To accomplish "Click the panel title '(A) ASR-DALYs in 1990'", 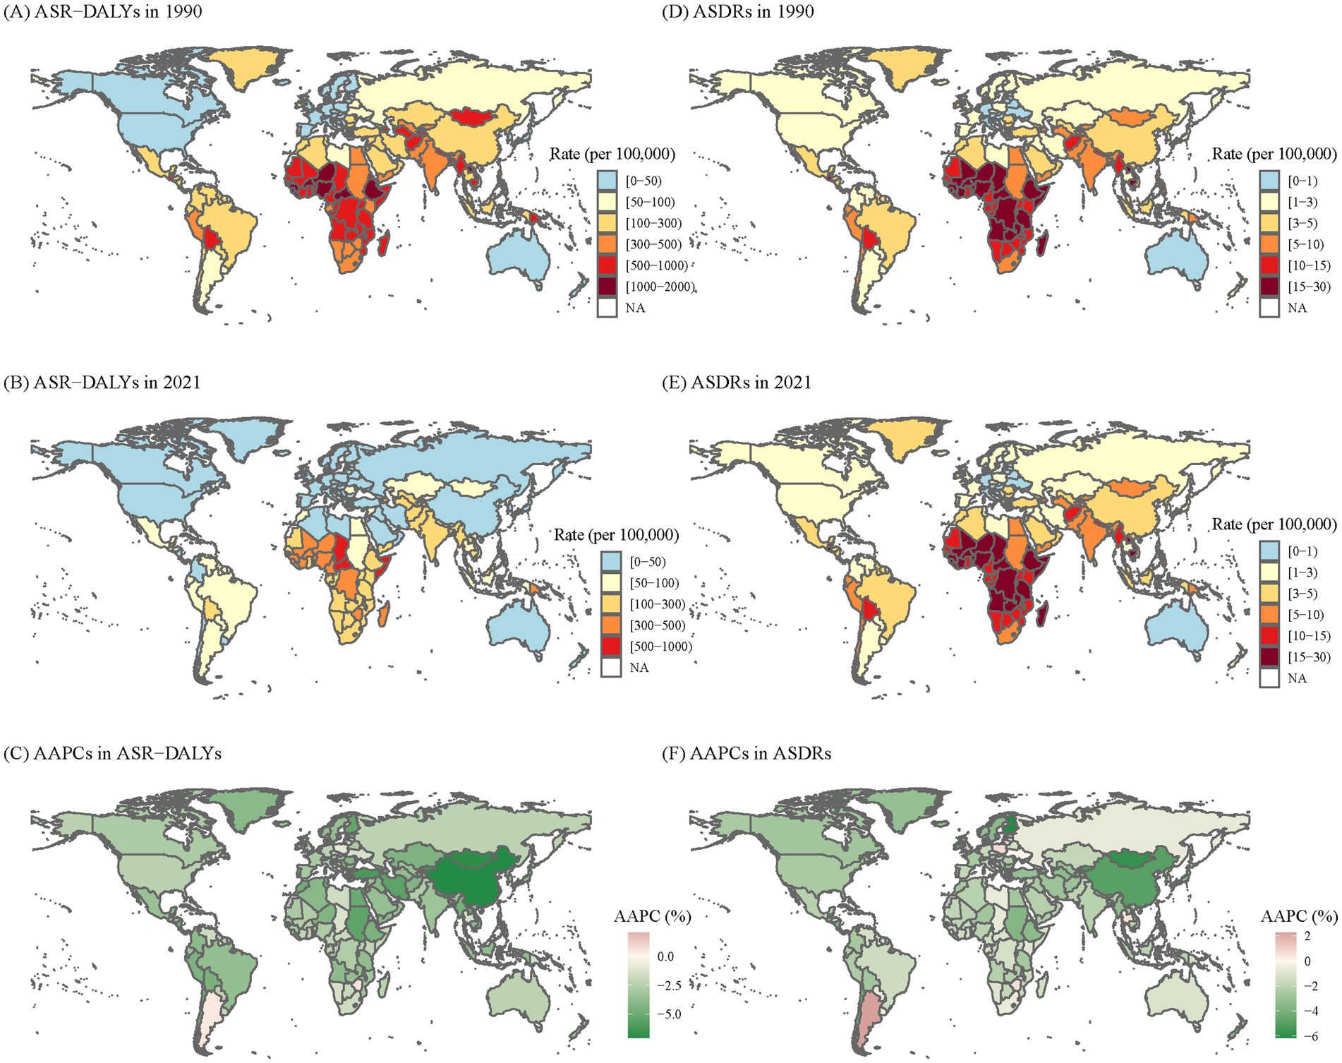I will [x=103, y=11].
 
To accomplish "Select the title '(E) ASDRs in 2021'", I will [x=737, y=383].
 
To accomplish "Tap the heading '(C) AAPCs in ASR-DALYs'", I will [x=113, y=754].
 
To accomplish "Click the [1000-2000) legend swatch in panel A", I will [x=607, y=287].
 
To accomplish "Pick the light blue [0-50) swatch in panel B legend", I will [x=611, y=562].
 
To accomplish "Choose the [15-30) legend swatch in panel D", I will [x=1269, y=287].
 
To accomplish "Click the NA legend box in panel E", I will [x=1269, y=678].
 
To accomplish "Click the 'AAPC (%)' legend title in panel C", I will [x=652, y=916].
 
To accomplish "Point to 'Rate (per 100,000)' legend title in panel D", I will [x=1274, y=154].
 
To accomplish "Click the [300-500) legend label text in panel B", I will [x=657, y=625].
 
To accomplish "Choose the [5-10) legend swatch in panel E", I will [x=1269, y=615].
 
